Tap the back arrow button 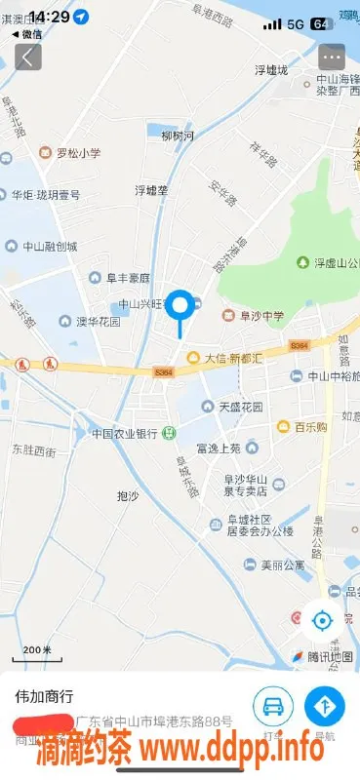[27, 57]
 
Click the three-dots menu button [332, 57]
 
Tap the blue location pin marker [180, 307]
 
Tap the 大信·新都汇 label [226, 358]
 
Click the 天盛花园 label [232, 407]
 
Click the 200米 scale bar [37, 649]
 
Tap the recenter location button [322, 618]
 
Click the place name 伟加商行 [44, 697]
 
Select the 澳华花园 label [91, 321]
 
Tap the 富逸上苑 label [218, 448]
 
